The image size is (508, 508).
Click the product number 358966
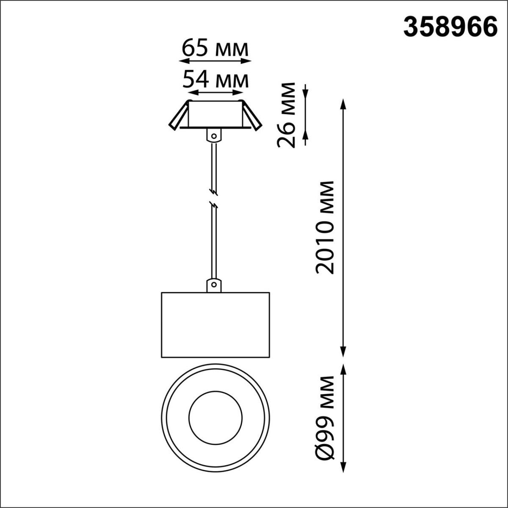450,28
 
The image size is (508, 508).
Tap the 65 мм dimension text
215,49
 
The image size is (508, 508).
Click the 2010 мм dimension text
325,227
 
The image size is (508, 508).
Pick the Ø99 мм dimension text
325,417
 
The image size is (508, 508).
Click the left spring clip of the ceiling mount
179,116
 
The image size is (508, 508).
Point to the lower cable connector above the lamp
214,285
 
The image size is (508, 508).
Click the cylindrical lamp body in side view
215,324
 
